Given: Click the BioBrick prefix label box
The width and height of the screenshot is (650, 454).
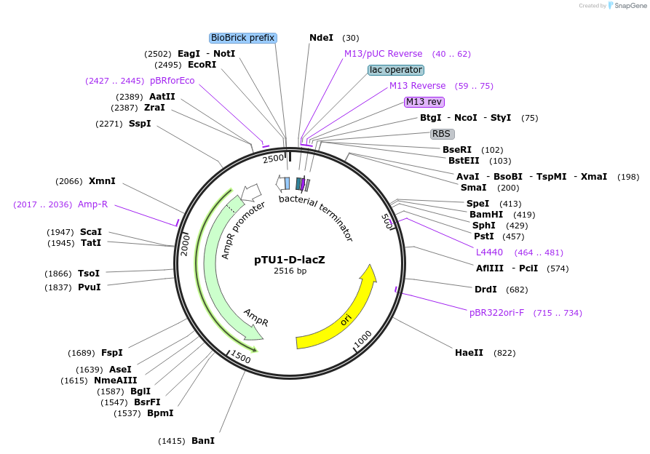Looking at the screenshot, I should pos(243,38).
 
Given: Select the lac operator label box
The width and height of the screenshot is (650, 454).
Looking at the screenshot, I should pos(395,70).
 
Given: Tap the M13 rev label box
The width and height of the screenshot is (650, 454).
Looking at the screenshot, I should pos(424,102).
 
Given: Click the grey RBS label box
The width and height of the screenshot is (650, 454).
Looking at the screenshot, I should pos(443,134).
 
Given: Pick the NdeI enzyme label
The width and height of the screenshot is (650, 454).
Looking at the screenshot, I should pos(321,38).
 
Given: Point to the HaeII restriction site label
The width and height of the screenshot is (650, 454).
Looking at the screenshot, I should pos(469,353).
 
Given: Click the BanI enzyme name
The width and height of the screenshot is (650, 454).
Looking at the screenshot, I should pos(203,441).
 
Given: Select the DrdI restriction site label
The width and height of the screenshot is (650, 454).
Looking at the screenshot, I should pos(485,290).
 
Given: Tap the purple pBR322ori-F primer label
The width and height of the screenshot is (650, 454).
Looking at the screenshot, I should pos(496,313).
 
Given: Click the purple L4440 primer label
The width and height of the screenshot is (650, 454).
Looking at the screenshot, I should pos(489,252).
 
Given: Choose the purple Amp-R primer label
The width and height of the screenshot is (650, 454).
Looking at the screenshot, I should pos(92,204).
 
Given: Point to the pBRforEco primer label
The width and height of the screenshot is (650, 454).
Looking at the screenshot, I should pos(173,81).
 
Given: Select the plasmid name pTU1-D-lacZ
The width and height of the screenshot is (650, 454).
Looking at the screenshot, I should pos(290,260).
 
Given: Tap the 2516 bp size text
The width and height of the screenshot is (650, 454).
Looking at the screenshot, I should pos(290,271).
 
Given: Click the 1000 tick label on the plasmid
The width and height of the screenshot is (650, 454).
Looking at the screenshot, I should pos(362,339).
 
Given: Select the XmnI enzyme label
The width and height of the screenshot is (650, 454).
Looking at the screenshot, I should pos(102,181).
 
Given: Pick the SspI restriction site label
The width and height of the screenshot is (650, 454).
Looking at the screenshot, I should pos(140,124).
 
